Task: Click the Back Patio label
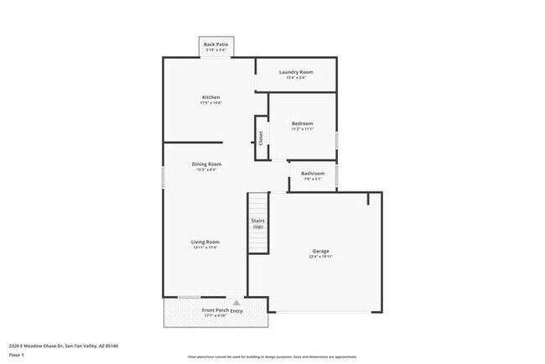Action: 215,44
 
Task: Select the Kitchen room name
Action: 210,97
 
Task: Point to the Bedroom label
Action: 302,123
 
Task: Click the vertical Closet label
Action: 261,137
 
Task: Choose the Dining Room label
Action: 206,164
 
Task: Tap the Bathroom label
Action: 312,174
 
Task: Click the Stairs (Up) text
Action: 258,224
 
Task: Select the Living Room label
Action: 205,242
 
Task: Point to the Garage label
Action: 321,251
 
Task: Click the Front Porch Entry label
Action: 215,310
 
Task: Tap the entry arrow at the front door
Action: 236,301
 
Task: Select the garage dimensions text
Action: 321,257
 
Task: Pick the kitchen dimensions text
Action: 210,103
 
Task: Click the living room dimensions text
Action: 205,247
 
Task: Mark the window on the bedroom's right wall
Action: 337,139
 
